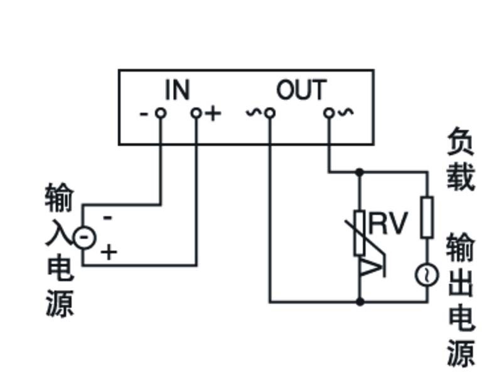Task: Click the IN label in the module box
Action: [x=178, y=89]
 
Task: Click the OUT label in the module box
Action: [x=301, y=90]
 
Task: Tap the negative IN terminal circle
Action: [x=161, y=113]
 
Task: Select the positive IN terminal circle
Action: [x=196, y=113]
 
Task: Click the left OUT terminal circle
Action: [x=270, y=113]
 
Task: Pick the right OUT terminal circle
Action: [x=329, y=113]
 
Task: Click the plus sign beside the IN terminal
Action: [x=213, y=114]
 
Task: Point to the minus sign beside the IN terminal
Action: [x=144, y=114]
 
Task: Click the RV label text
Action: [x=388, y=224]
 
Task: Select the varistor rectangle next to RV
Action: [x=360, y=233]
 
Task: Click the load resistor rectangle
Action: [x=427, y=217]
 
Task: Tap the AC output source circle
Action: [x=427, y=275]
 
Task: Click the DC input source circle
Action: [x=85, y=237]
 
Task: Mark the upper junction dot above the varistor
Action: [x=360, y=172]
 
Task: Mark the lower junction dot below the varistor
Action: [x=360, y=302]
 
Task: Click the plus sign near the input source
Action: [x=109, y=252]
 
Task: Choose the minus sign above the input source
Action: [x=108, y=218]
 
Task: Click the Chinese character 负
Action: [x=461, y=141]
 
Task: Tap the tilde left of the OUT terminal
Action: [x=254, y=112]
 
